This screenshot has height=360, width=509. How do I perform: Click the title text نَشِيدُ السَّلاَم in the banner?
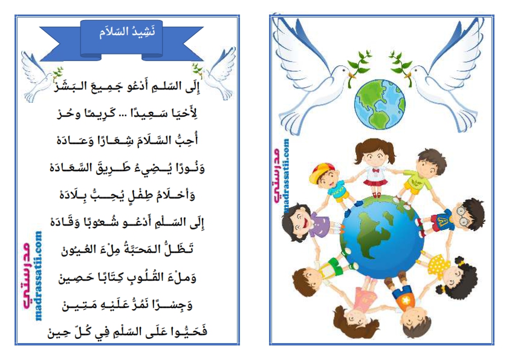click(x=127, y=32)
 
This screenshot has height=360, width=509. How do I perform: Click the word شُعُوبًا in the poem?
click(x=101, y=223)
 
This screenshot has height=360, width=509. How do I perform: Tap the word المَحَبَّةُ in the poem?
click(x=141, y=249)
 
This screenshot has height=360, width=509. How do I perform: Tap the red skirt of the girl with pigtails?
click(x=375, y=183)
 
